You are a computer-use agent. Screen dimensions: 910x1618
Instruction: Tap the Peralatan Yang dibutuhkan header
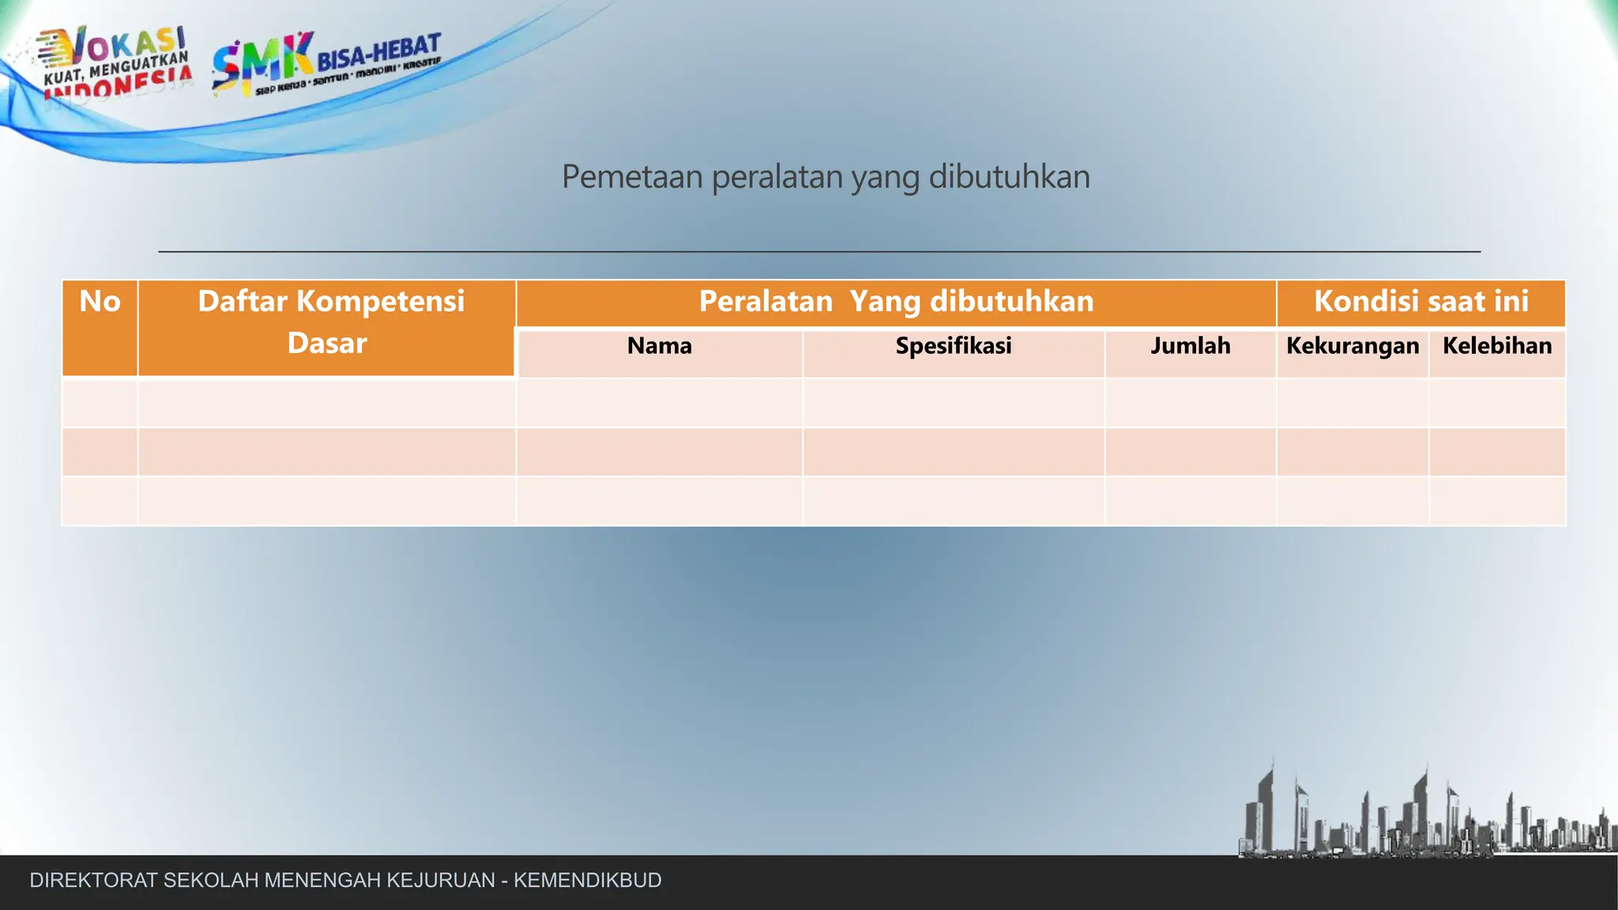point(896,302)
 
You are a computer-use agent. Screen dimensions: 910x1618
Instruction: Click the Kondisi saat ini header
point(1420,302)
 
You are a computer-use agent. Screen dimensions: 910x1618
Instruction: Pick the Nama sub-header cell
point(659,346)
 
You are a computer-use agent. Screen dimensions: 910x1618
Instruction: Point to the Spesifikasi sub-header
point(953,346)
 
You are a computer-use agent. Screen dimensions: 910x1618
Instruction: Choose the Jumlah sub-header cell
point(1190,346)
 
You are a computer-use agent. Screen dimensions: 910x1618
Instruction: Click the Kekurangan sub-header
point(1352,346)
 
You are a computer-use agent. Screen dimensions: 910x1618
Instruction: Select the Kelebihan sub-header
point(1496,346)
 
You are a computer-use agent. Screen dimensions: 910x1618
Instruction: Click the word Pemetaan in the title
point(632,177)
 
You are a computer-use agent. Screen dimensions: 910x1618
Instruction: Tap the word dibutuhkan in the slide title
point(1009,177)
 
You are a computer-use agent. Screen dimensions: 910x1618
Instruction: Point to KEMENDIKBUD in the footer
point(587,880)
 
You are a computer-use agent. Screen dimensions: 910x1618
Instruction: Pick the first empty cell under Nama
point(659,403)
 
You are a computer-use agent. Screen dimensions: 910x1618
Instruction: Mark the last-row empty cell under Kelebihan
point(1496,501)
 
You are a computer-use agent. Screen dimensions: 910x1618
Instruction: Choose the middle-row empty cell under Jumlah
point(1190,452)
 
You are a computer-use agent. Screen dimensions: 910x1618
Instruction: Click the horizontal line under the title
point(818,251)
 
